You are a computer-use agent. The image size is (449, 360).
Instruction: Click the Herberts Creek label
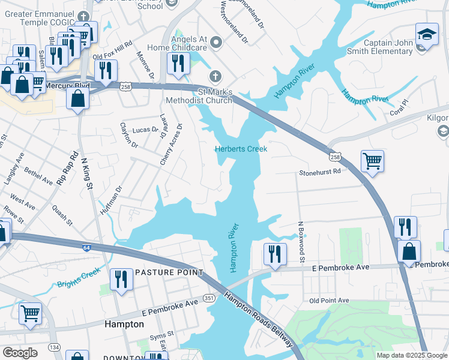[241, 149]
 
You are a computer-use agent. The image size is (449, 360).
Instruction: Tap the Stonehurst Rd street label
[320, 172]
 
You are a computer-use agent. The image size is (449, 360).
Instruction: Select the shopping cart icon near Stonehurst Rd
[372, 161]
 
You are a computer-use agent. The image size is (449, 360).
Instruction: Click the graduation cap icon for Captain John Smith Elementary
[426, 34]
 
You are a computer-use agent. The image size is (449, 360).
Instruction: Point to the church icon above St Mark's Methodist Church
[215, 77]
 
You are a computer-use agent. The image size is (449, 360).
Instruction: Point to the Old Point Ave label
[329, 300]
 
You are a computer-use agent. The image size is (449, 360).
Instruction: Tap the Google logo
[20, 352]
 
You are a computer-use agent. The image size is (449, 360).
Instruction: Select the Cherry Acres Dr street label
[171, 145]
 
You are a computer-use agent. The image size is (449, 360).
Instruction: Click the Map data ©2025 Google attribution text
[412, 355]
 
